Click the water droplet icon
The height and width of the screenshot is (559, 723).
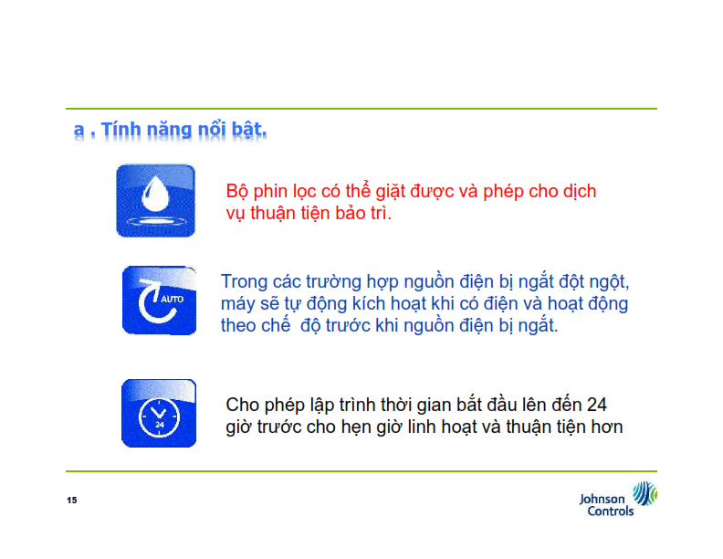155,201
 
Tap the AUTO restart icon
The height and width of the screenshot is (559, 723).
159,301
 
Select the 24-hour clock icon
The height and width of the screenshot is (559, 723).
159,413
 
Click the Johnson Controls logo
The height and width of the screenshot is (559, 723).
618,499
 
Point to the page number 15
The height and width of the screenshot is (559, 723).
72,500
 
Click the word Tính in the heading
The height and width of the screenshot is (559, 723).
120,130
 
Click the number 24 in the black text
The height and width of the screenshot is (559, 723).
596,405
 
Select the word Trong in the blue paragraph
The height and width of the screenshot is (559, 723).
244,282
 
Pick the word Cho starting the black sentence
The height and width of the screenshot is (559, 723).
242,405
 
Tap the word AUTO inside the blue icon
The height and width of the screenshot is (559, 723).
172,300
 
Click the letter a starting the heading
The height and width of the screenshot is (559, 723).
79,131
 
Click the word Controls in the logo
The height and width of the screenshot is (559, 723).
611,511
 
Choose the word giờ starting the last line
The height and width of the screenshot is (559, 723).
238,427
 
